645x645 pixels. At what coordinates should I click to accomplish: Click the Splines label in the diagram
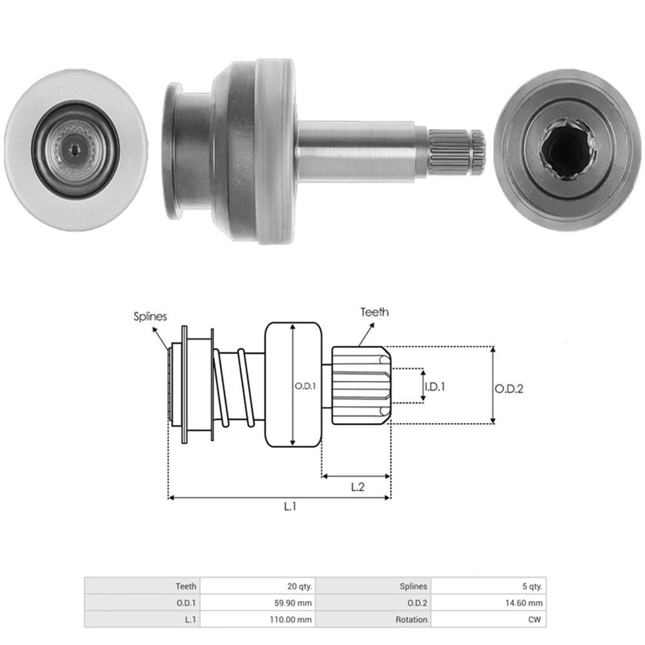[150, 317]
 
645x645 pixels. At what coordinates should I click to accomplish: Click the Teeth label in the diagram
[375, 312]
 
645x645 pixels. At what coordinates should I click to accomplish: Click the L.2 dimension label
[358, 488]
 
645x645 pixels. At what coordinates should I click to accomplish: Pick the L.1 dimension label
[290, 507]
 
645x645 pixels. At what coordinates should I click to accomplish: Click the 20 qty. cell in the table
[299, 586]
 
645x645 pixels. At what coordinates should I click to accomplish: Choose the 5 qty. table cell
[530, 586]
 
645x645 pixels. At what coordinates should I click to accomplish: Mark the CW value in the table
[535, 619]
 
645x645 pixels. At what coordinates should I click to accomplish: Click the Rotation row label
[412, 619]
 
